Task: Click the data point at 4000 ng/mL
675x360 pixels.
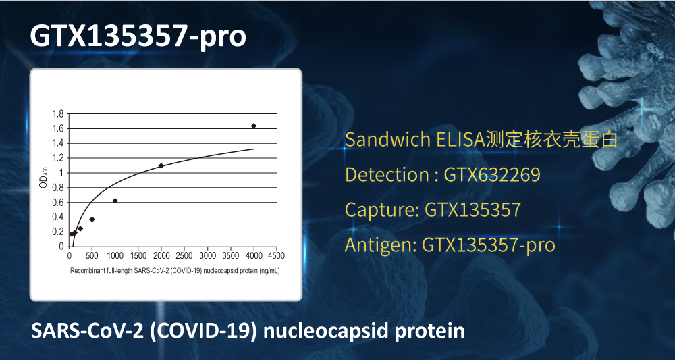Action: click(254, 126)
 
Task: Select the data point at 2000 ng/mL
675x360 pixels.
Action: click(161, 165)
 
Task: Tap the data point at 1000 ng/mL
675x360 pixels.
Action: click(115, 201)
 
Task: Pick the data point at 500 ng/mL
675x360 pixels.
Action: click(92, 220)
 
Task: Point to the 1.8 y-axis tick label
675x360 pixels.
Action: click(58, 114)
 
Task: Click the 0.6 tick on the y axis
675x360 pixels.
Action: click(58, 203)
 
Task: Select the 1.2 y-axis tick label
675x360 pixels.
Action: click(58, 158)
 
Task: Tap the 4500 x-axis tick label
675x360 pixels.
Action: click(276, 255)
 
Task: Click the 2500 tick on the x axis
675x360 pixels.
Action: click(184, 255)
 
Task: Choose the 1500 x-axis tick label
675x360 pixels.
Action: click(138, 255)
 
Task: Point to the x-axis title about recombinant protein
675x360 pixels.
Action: click(175, 272)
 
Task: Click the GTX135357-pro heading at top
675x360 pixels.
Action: click(138, 36)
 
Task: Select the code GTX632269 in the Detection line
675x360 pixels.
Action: click(492, 175)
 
